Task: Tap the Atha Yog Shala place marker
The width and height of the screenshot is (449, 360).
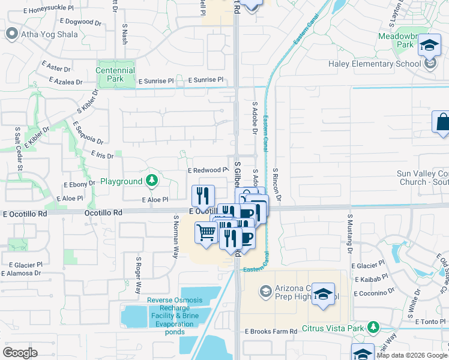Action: coord(11,34)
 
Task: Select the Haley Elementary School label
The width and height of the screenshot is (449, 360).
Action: coord(374,64)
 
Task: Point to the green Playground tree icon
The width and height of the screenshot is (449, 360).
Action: coord(152,181)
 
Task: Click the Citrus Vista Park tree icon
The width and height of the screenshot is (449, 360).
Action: coord(374,327)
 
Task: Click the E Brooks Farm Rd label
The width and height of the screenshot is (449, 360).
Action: coord(271,331)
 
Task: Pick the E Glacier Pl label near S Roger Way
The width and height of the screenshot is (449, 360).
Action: coord(22,264)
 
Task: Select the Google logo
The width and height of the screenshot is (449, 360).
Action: coord(20,353)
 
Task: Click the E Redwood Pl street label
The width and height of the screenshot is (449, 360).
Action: coord(208,170)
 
